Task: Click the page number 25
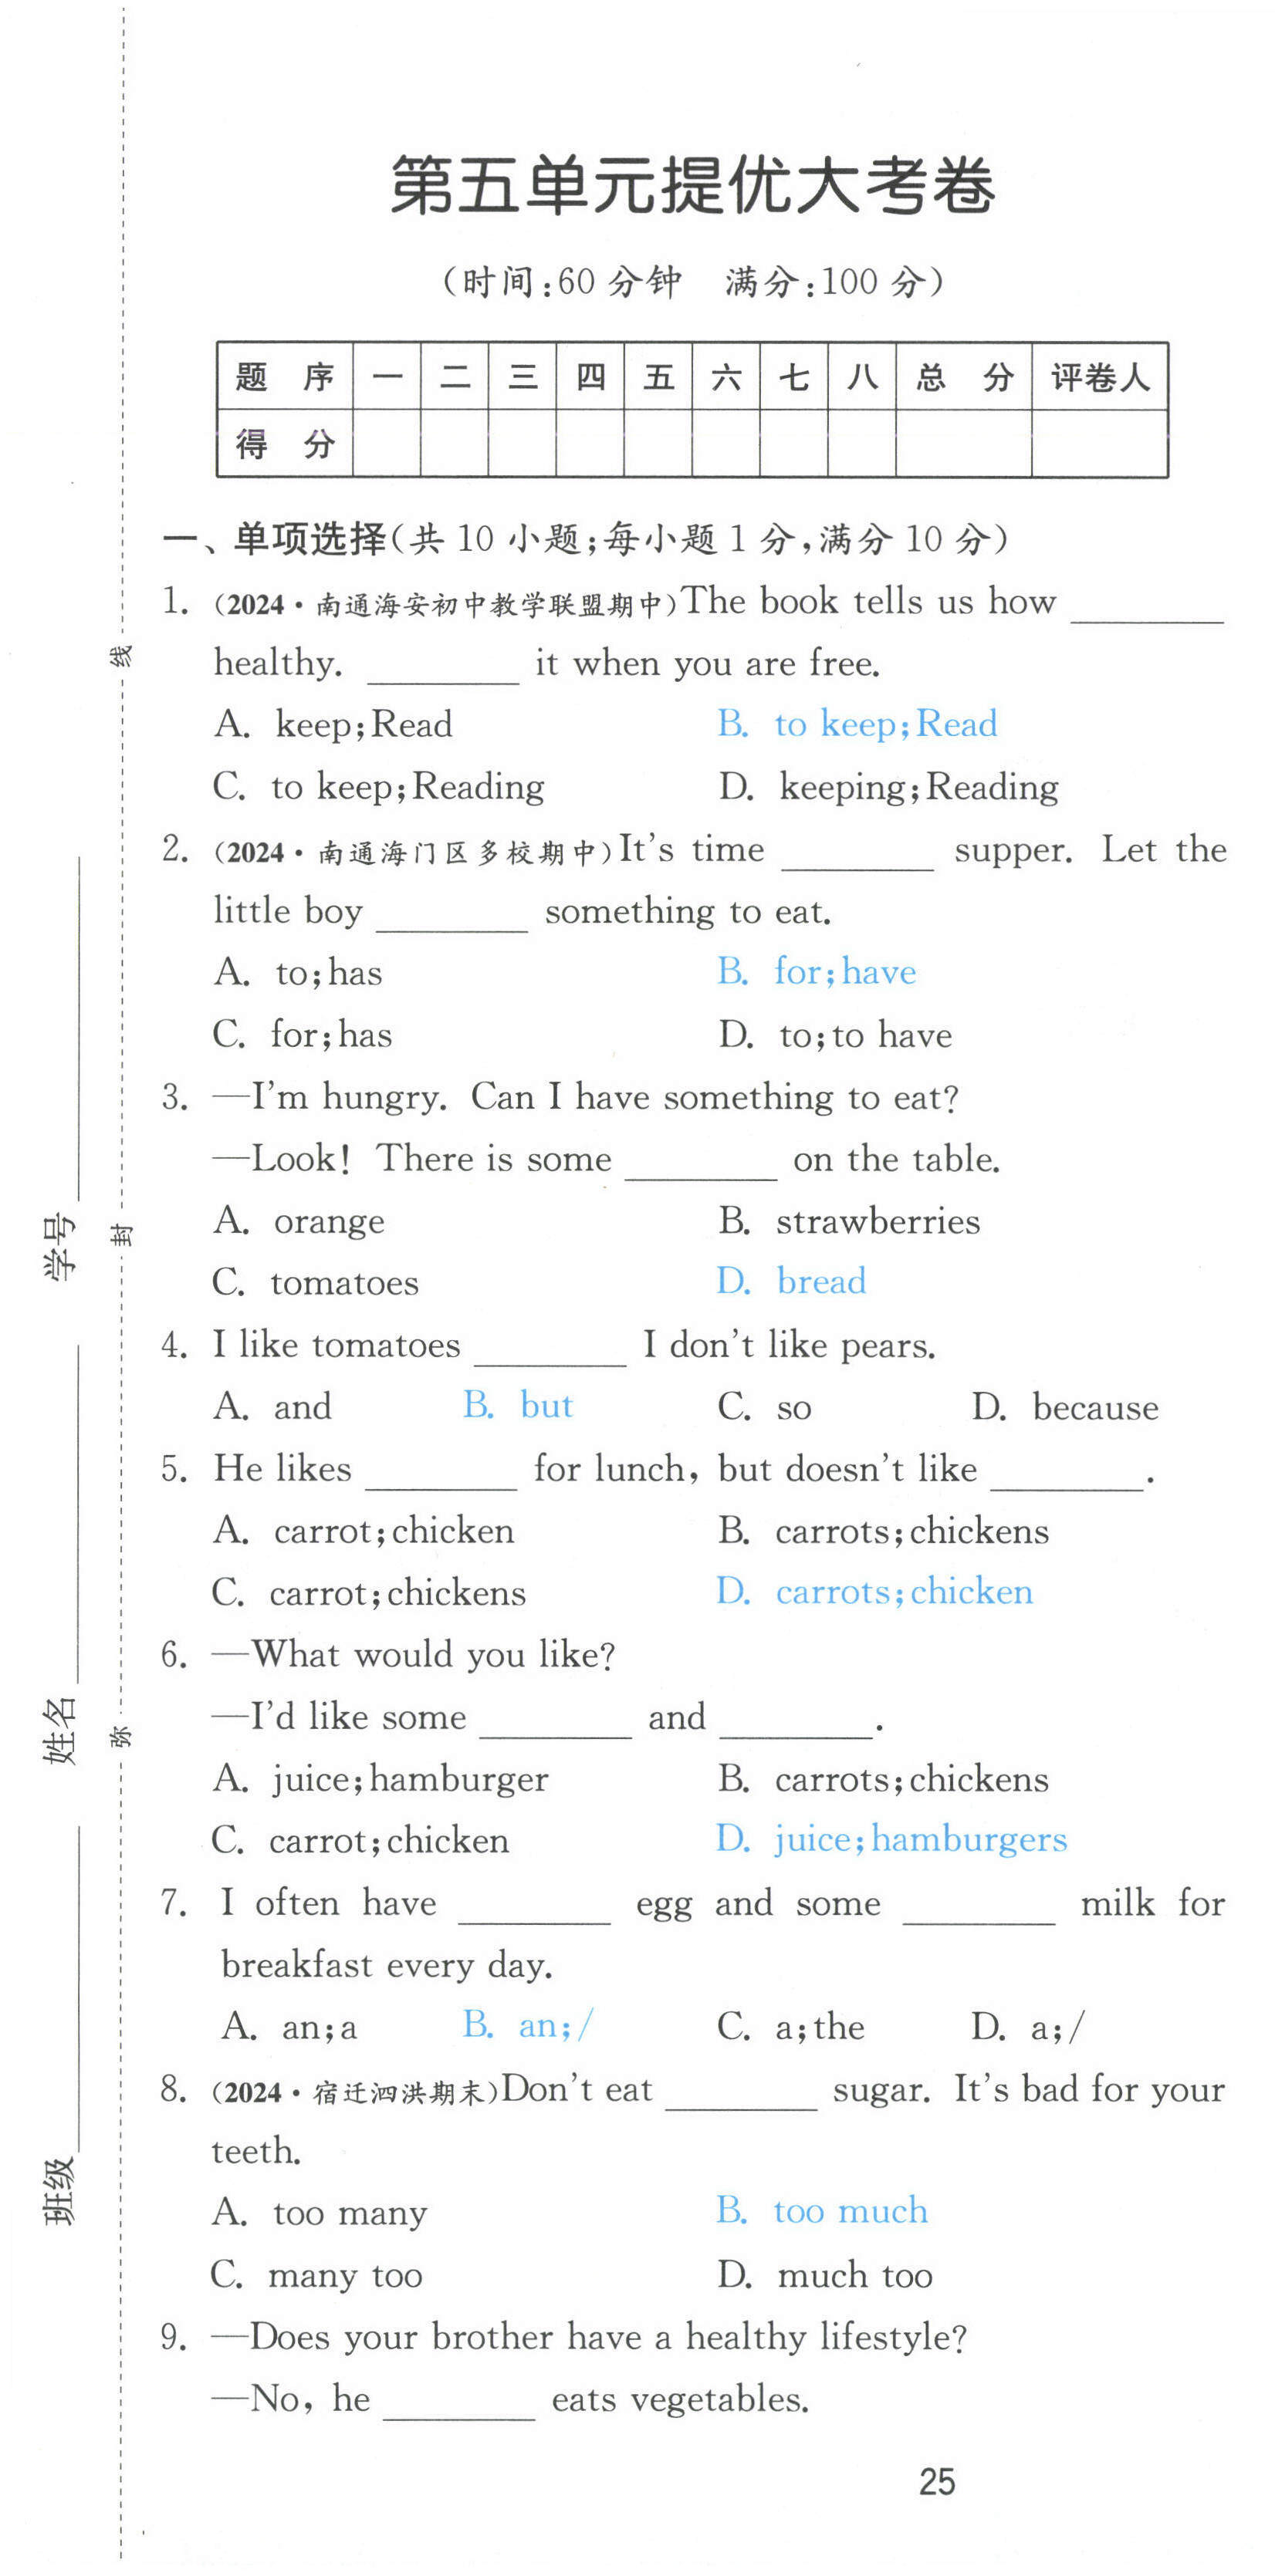point(936,2481)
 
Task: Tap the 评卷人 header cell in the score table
point(1098,377)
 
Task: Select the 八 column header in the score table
point(861,377)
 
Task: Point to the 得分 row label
point(285,444)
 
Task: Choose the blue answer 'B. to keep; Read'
point(857,724)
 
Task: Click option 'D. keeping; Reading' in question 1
point(888,787)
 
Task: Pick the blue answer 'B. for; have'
point(817,972)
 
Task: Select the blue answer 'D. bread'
point(791,1281)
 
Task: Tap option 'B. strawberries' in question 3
point(849,1221)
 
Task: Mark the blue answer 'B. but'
point(518,1406)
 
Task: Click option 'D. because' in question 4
point(1065,1407)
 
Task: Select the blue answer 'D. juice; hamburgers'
point(891,1840)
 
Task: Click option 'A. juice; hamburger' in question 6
point(380,1779)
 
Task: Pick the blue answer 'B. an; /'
point(528,2026)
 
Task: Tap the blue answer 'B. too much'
point(821,2211)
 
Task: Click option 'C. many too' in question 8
point(316,2275)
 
